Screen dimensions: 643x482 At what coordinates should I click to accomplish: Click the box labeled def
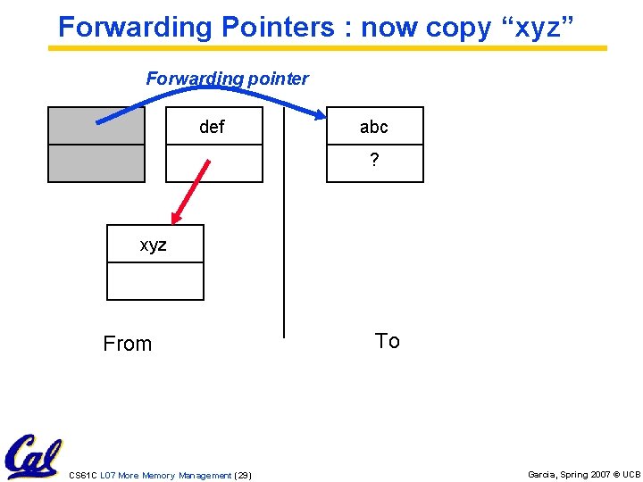pyautogui.click(x=214, y=126)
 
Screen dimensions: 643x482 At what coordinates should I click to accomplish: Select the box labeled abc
pyautogui.click(x=374, y=126)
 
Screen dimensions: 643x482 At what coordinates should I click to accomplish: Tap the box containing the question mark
pyautogui.click(x=374, y=163)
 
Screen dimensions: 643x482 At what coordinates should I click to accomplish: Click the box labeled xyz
pyautogui.click(x=154, y=244)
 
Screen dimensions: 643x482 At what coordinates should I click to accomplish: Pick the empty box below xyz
pyautogui.click(x=154, y=281)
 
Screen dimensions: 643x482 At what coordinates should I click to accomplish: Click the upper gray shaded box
pyautogui.click(x=96, y=126)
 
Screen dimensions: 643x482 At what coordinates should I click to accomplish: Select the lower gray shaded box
pyautogui.click(x=96, y=163)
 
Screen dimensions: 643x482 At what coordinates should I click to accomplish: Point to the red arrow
pyautogui.click(x=190, y=191)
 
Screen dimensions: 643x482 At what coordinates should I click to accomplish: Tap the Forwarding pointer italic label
pyautogui.click(x=227, y=79)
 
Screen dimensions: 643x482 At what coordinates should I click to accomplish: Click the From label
pyautogui.click(x=128, y=344)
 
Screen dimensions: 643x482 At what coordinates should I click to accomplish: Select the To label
pyautogui.click(x=387, y=341)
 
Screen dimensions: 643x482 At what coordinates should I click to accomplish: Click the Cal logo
pyautogui.click(x=32, y=457)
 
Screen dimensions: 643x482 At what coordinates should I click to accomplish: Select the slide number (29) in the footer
pyautogui.click(x=242, y=476)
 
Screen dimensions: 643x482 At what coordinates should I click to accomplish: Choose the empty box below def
pyautogui.click(x=214, y=163)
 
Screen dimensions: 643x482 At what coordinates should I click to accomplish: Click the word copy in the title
pyautogui.click(x=457, y=27)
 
